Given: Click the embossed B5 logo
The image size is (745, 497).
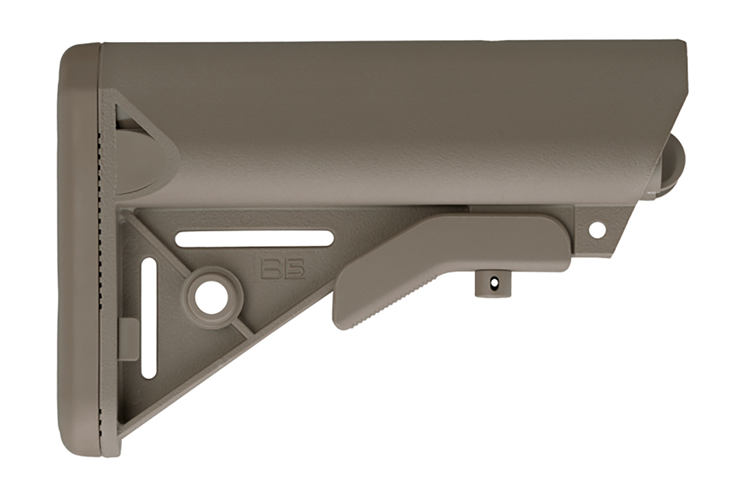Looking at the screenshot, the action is point(283,269).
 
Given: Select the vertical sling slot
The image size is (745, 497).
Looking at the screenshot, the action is point(148,318).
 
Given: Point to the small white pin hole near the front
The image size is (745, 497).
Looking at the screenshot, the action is point(598,230).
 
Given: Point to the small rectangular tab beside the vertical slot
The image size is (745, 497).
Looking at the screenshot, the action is point(129,339).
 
